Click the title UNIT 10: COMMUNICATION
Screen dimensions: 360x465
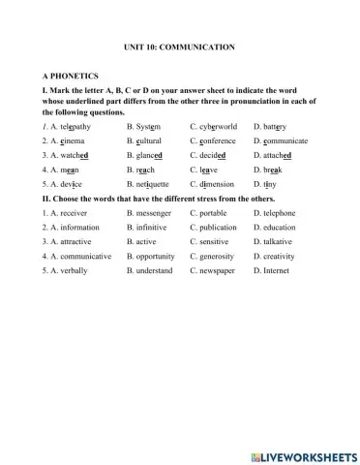pyautogui.click(x=179, y=46)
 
